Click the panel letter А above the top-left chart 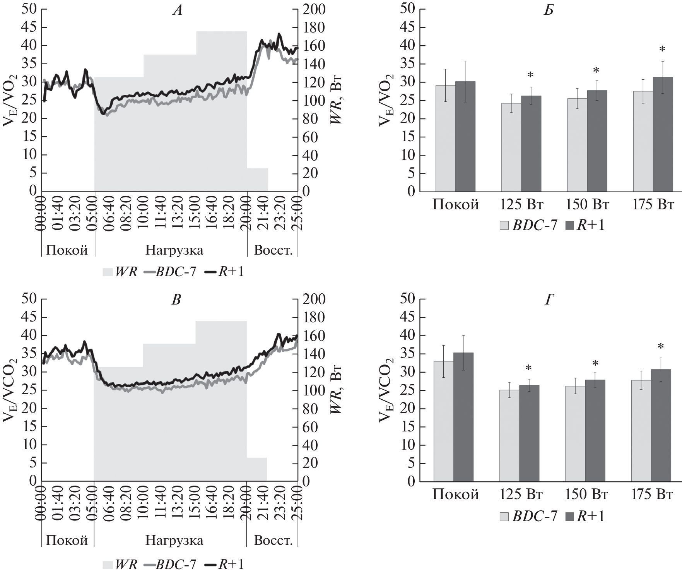[x=177, y=10]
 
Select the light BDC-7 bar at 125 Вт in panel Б [x=511, y=147]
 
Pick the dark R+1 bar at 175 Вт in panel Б [x=663, y=134]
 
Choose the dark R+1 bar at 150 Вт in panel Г [x=595, y=430]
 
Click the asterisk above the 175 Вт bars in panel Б [x=663, y=50]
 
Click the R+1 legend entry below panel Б [x=585, y=225]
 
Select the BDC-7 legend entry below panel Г [x=528, y=517]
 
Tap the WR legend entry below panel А [x=120, y=272]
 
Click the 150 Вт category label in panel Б [x=587, y=204]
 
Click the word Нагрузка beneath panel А [x=174, y=250]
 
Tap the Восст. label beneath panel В [x=273, y=540]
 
